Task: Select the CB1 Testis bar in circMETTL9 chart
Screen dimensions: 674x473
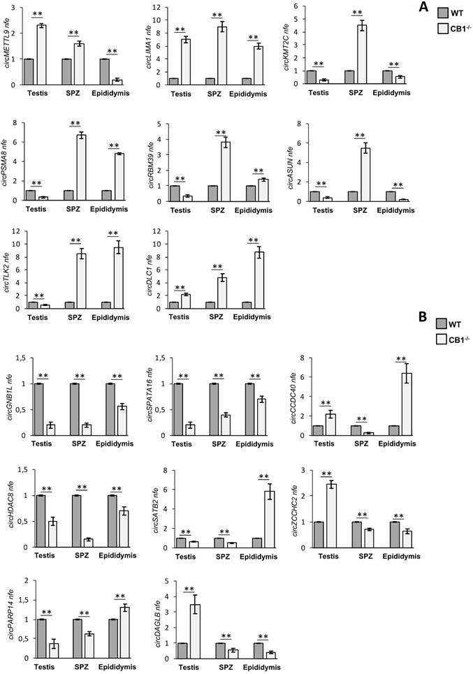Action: click(42, 55)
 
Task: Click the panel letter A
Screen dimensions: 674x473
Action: click(423, 7)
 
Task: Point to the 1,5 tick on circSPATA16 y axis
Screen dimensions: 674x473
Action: click(162, 358)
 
